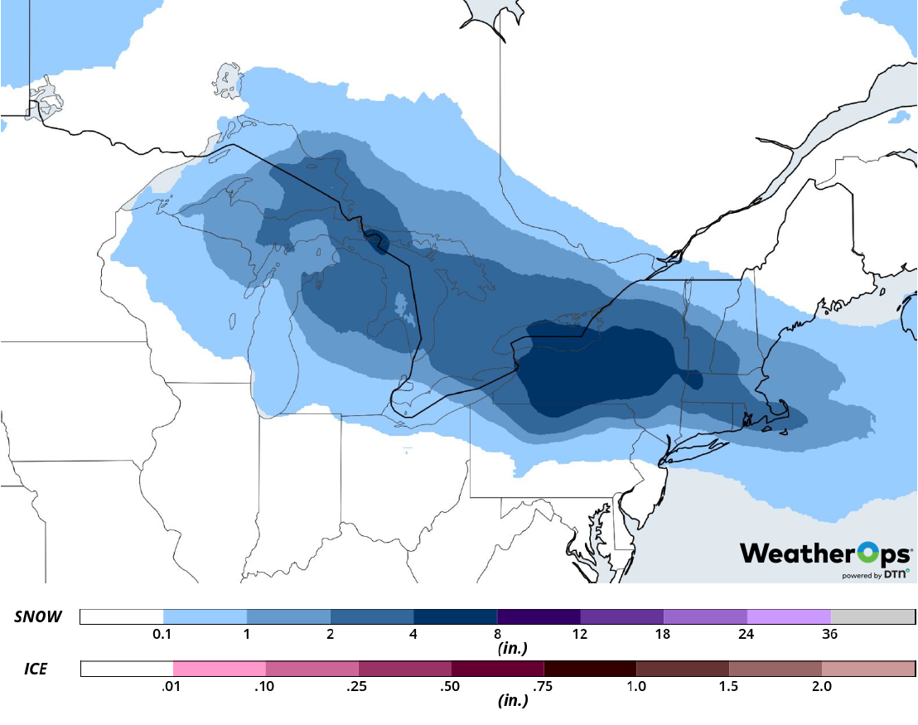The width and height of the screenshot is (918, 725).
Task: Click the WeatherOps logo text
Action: (x=825, y=553)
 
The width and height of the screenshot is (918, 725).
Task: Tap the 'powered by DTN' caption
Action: (x=875, y=574)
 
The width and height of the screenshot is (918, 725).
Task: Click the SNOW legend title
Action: (x=38, y=617)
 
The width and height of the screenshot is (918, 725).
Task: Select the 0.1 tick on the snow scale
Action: (x=163, y=634)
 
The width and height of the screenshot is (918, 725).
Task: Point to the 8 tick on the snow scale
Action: (x=497, y=634)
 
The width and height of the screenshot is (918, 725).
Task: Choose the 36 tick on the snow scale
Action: (x=830, y=634)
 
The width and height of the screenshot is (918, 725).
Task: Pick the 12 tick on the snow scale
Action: (x=580, y=634)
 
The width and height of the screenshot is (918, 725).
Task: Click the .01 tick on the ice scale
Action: (x=173, y=686)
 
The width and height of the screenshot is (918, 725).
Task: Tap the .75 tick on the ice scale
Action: (x=544, y=686)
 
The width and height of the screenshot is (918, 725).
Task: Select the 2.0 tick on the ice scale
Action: (x=821, y=686)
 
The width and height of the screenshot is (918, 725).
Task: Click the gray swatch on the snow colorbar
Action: (x=872, y=616)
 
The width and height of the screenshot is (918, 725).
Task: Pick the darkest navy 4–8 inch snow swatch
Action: (x=455, y=616)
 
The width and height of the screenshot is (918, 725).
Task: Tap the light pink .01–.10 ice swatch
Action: (x=220, y=668)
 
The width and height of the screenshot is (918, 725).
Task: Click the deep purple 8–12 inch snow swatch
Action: (x=539, y=616)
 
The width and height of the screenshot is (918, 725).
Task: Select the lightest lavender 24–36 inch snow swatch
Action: (x=788, y=616)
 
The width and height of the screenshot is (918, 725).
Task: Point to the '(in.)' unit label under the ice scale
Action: (x=511, y=700)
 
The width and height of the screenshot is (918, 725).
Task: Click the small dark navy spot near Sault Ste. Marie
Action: (x=379, y=240)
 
